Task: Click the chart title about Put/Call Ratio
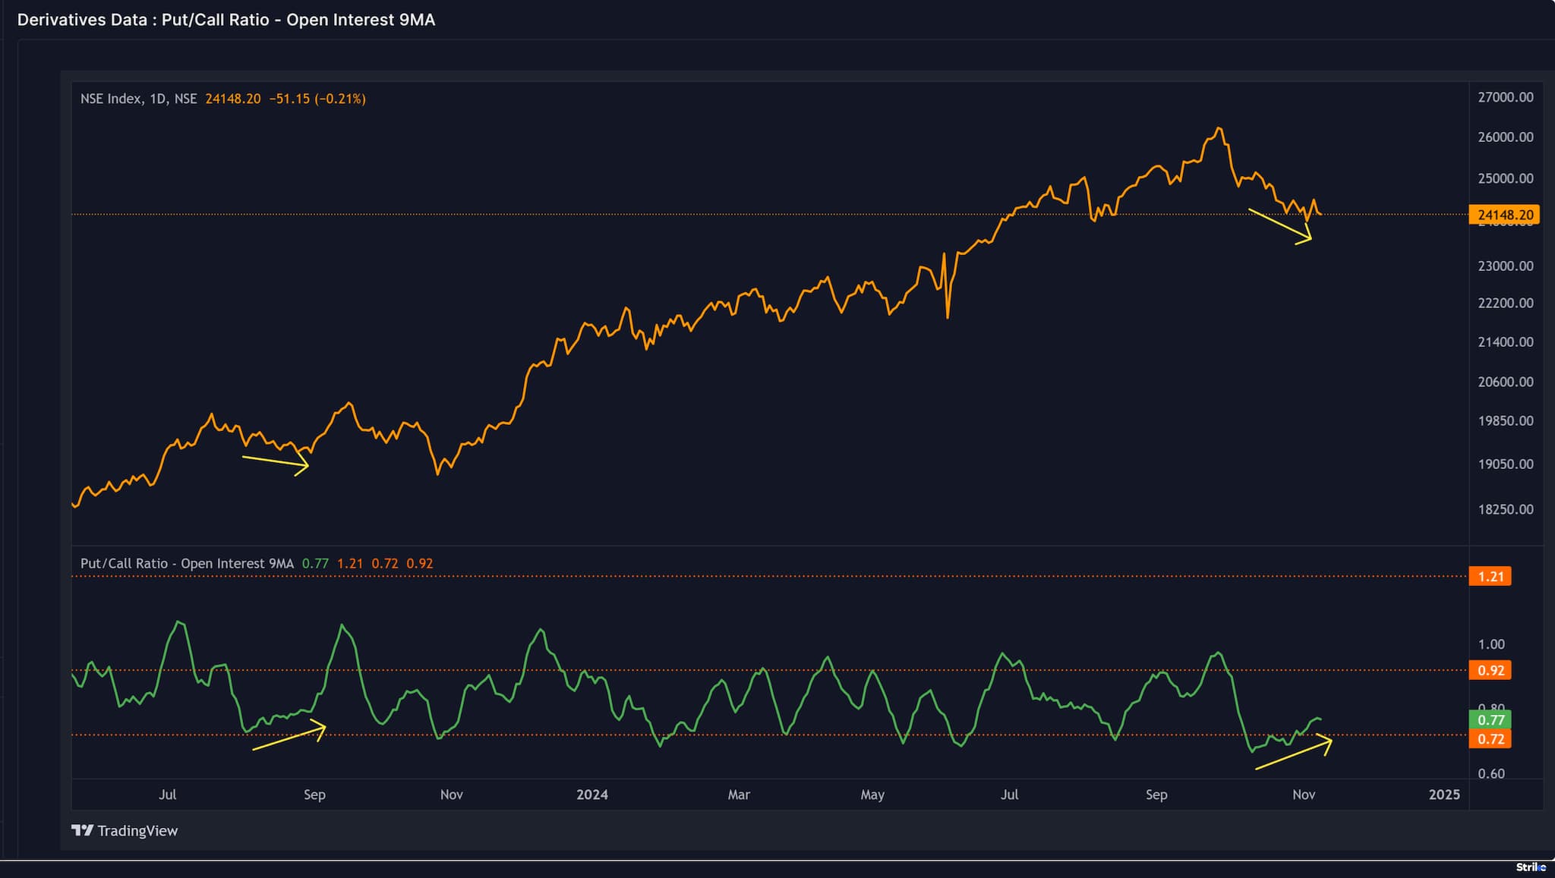point(226,20)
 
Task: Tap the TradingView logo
point(125,830)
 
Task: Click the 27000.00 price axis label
point(1505,97)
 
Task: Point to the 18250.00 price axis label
point(1505,509)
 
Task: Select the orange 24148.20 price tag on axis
point(1504,215)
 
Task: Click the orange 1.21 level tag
point(1490,576)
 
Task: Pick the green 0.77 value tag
point(1490,719)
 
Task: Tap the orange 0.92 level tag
point(1490,670)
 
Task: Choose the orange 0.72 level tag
point(1490,738)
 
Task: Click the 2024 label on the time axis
point(591,795)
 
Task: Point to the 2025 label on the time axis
point(1443,795)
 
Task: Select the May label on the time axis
point(872,795)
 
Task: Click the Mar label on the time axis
point(738,795)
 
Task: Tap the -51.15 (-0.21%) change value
point(317,99)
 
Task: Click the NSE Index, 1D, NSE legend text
point(138,99)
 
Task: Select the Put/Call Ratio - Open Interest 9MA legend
point(187,563)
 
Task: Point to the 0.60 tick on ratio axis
point(1490,773)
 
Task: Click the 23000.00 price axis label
point(1505,266)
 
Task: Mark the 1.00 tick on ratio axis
point(1490,644)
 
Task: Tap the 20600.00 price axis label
point(1505,382)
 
